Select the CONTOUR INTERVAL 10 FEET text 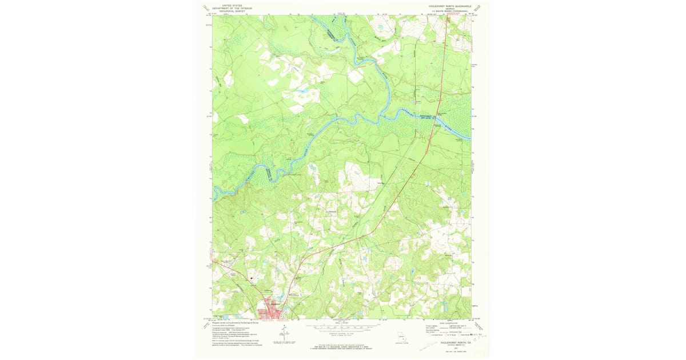point(341,333)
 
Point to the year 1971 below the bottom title point(455,347)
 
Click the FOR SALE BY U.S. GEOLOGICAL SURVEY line point(341,346)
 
